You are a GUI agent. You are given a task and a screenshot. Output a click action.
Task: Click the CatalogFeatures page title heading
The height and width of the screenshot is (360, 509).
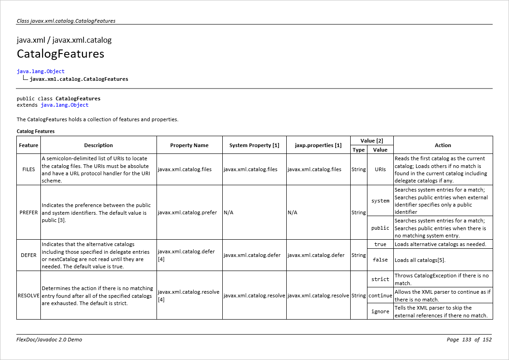point(60,54)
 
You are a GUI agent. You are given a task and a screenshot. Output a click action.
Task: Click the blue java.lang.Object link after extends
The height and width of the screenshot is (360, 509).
point(64,105)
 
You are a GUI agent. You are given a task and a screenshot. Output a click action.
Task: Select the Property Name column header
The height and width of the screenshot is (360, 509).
point(189,145)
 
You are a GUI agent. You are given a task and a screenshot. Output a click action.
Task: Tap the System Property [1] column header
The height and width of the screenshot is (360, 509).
point(254,145)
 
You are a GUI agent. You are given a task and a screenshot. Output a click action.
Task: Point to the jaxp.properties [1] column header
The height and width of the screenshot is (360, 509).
point(318,145)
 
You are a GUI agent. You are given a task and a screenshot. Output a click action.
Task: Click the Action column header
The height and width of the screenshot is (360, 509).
point(443,145)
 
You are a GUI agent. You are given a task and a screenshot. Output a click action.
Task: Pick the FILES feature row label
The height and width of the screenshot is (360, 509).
point(29,169)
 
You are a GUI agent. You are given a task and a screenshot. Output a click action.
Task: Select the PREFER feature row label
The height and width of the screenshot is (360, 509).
point(29,212)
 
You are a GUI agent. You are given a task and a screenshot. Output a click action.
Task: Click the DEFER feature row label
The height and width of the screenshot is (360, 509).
point(29,255)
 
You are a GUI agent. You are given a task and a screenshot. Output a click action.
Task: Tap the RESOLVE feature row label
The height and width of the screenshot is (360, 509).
point(29,296)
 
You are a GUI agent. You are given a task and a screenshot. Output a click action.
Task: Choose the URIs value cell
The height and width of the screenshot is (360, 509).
point(380,169)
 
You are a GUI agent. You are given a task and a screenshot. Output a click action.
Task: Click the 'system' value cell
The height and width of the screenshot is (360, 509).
point(380,201)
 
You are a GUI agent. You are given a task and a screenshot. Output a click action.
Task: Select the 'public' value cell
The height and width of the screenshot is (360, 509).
point(380,228)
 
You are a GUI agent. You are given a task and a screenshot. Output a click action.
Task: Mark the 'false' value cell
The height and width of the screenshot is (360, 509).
point(380,260)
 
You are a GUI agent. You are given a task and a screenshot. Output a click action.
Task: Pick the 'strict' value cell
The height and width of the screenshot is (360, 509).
point(380,279)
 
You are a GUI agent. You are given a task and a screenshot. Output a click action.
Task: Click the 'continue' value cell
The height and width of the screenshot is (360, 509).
point(380,296)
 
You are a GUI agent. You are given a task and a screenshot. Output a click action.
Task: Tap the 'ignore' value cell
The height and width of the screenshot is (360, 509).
point(380,311)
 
